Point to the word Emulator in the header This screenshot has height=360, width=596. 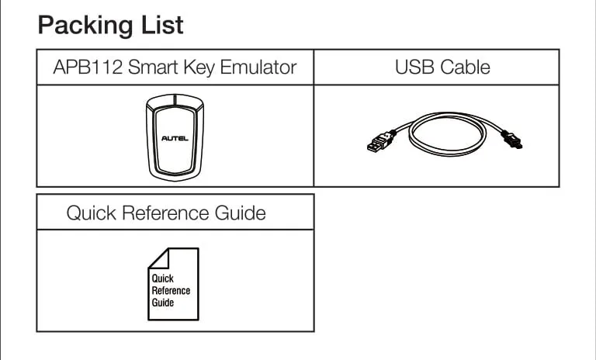(258, 67)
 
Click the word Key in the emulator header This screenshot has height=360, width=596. (199, 67)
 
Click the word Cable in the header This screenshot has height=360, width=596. (464, 67)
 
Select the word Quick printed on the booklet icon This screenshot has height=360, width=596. (163, 279)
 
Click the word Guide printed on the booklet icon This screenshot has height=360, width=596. (163, 303)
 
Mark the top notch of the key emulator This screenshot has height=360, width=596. (175, 99)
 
